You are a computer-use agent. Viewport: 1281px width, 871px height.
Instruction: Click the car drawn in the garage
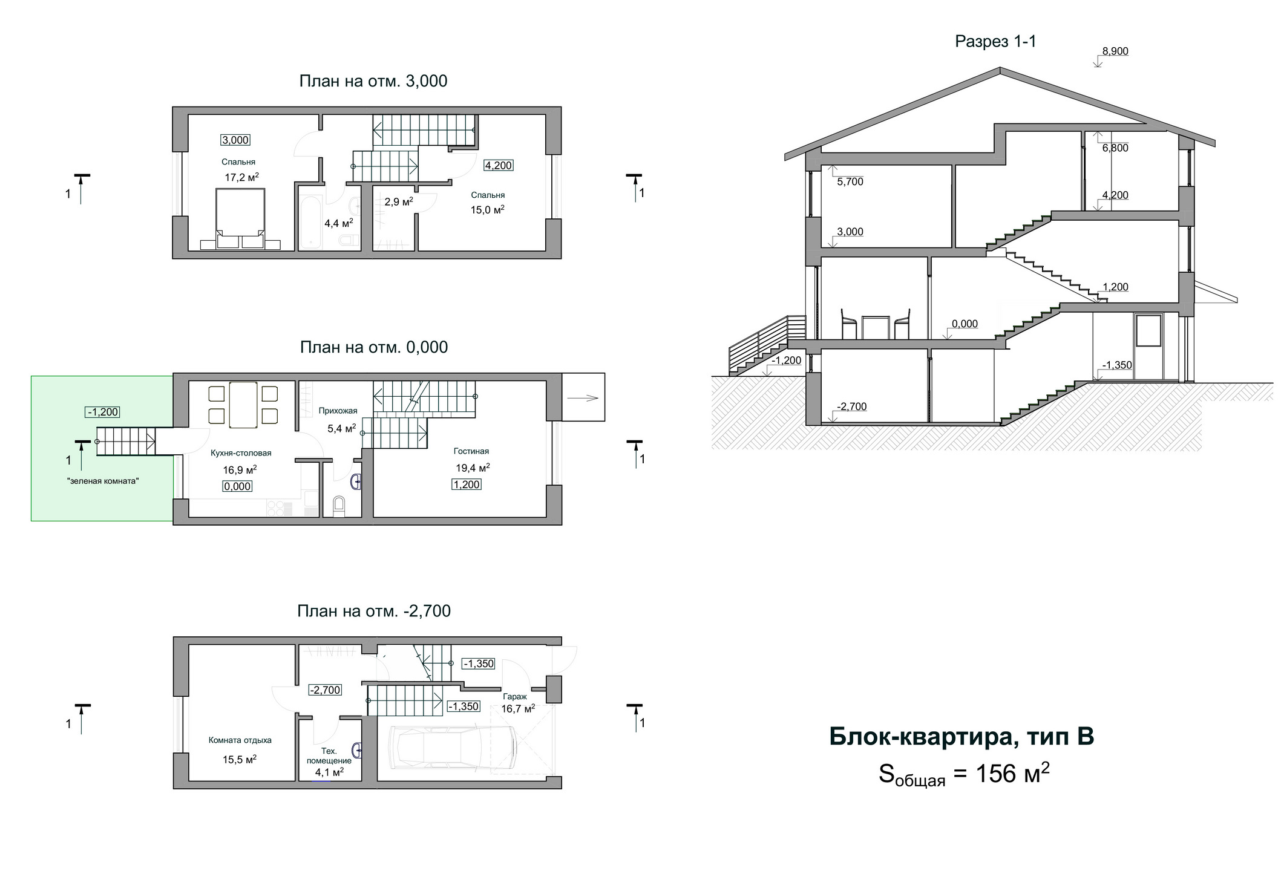point(454,748)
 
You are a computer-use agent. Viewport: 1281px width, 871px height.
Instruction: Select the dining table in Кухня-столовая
point(243,404)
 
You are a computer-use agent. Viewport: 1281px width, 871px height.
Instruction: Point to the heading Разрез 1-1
point(995,41)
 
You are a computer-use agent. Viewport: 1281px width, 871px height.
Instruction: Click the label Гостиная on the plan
point(471,451)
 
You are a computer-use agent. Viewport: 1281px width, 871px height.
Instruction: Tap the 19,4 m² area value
point(473,468)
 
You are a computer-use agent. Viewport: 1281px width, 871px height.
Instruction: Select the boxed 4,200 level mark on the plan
point(499,165)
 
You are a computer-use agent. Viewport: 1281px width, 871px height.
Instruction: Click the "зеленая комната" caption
point(103,481)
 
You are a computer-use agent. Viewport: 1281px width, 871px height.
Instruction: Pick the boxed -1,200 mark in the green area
point(102,412)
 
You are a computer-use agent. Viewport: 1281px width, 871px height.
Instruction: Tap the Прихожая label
point(338,411)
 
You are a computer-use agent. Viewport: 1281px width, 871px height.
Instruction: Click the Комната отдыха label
point(240,740)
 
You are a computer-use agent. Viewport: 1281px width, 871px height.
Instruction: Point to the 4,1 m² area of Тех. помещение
point(329,772)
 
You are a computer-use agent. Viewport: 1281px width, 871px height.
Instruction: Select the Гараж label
point(514,696)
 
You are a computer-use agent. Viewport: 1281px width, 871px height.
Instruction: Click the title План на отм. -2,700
point(374,611)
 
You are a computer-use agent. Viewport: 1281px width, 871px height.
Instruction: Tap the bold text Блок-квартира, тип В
point(962,737)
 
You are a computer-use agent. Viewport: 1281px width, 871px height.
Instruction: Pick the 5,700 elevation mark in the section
point(850,181)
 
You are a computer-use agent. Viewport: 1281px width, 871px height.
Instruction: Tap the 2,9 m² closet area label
point(399,201)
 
